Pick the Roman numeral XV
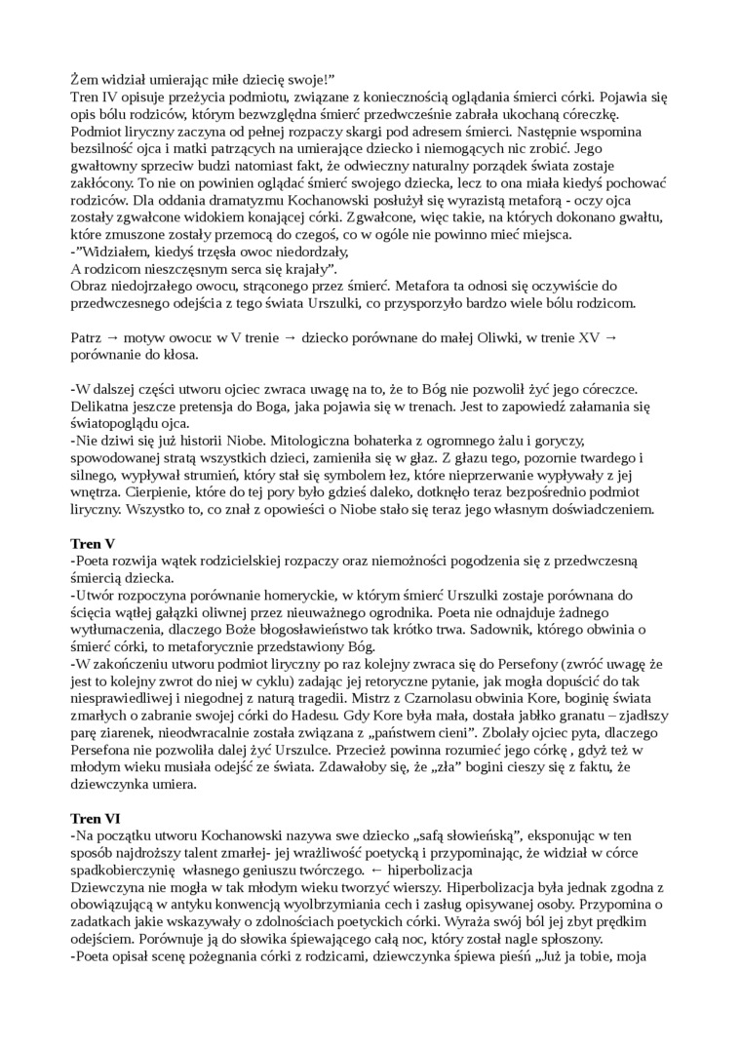click(589, 336)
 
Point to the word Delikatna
click(104, 399)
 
